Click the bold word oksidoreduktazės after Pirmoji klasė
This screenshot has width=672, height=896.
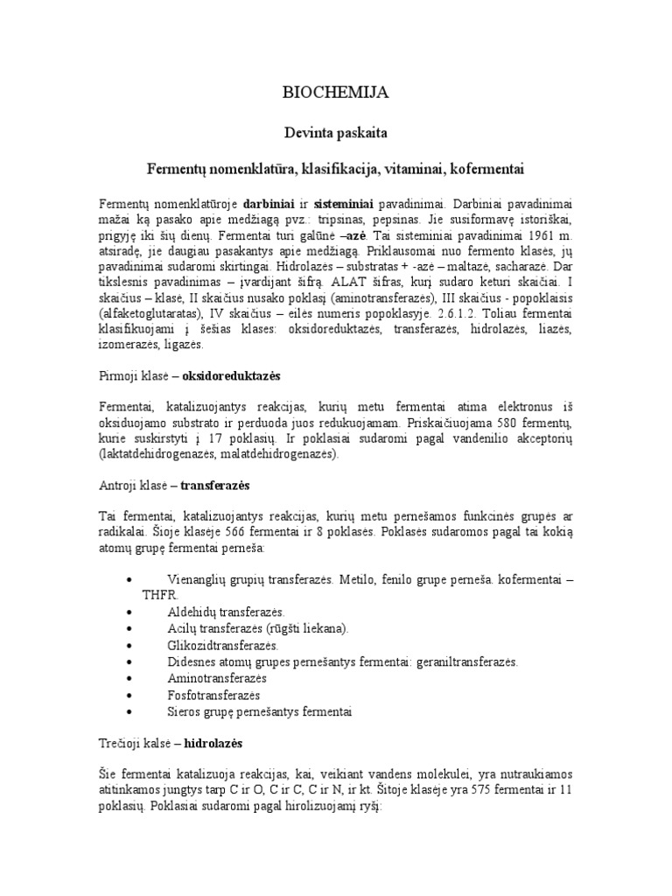tap(231, 375)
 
